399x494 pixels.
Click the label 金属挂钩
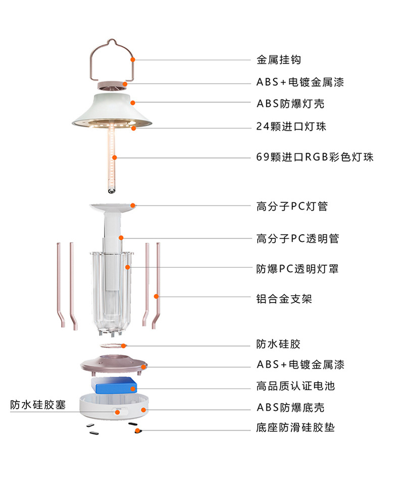pyautogui.click(x=278, y=60)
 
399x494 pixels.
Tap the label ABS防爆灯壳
pyautogui.click(x=290, y=104)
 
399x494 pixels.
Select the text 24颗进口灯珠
pyautogui.click(x=291, y=126)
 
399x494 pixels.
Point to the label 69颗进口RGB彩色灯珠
pyautogui.click(x=315, y=157)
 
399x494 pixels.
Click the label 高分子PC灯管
pyautogui.click(x=292, y=206)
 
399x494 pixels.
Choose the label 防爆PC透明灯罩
pyautogui.click(x=297, y=269)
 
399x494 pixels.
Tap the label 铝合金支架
pyautogui.click(x=284, y=299)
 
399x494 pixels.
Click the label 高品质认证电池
pyautogui.click(x=295, y=386)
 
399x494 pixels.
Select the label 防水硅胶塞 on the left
pyautogui.click(x=38, y=405)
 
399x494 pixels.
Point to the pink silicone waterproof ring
pyautogui.click(x=111, y=346)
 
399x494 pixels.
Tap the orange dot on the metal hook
pyautogui.click(x=133, y=60)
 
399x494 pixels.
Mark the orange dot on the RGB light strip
pyautogui.click(x=115, y=157)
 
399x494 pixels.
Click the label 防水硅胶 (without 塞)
pyautogui.click(x=278, y=344)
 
